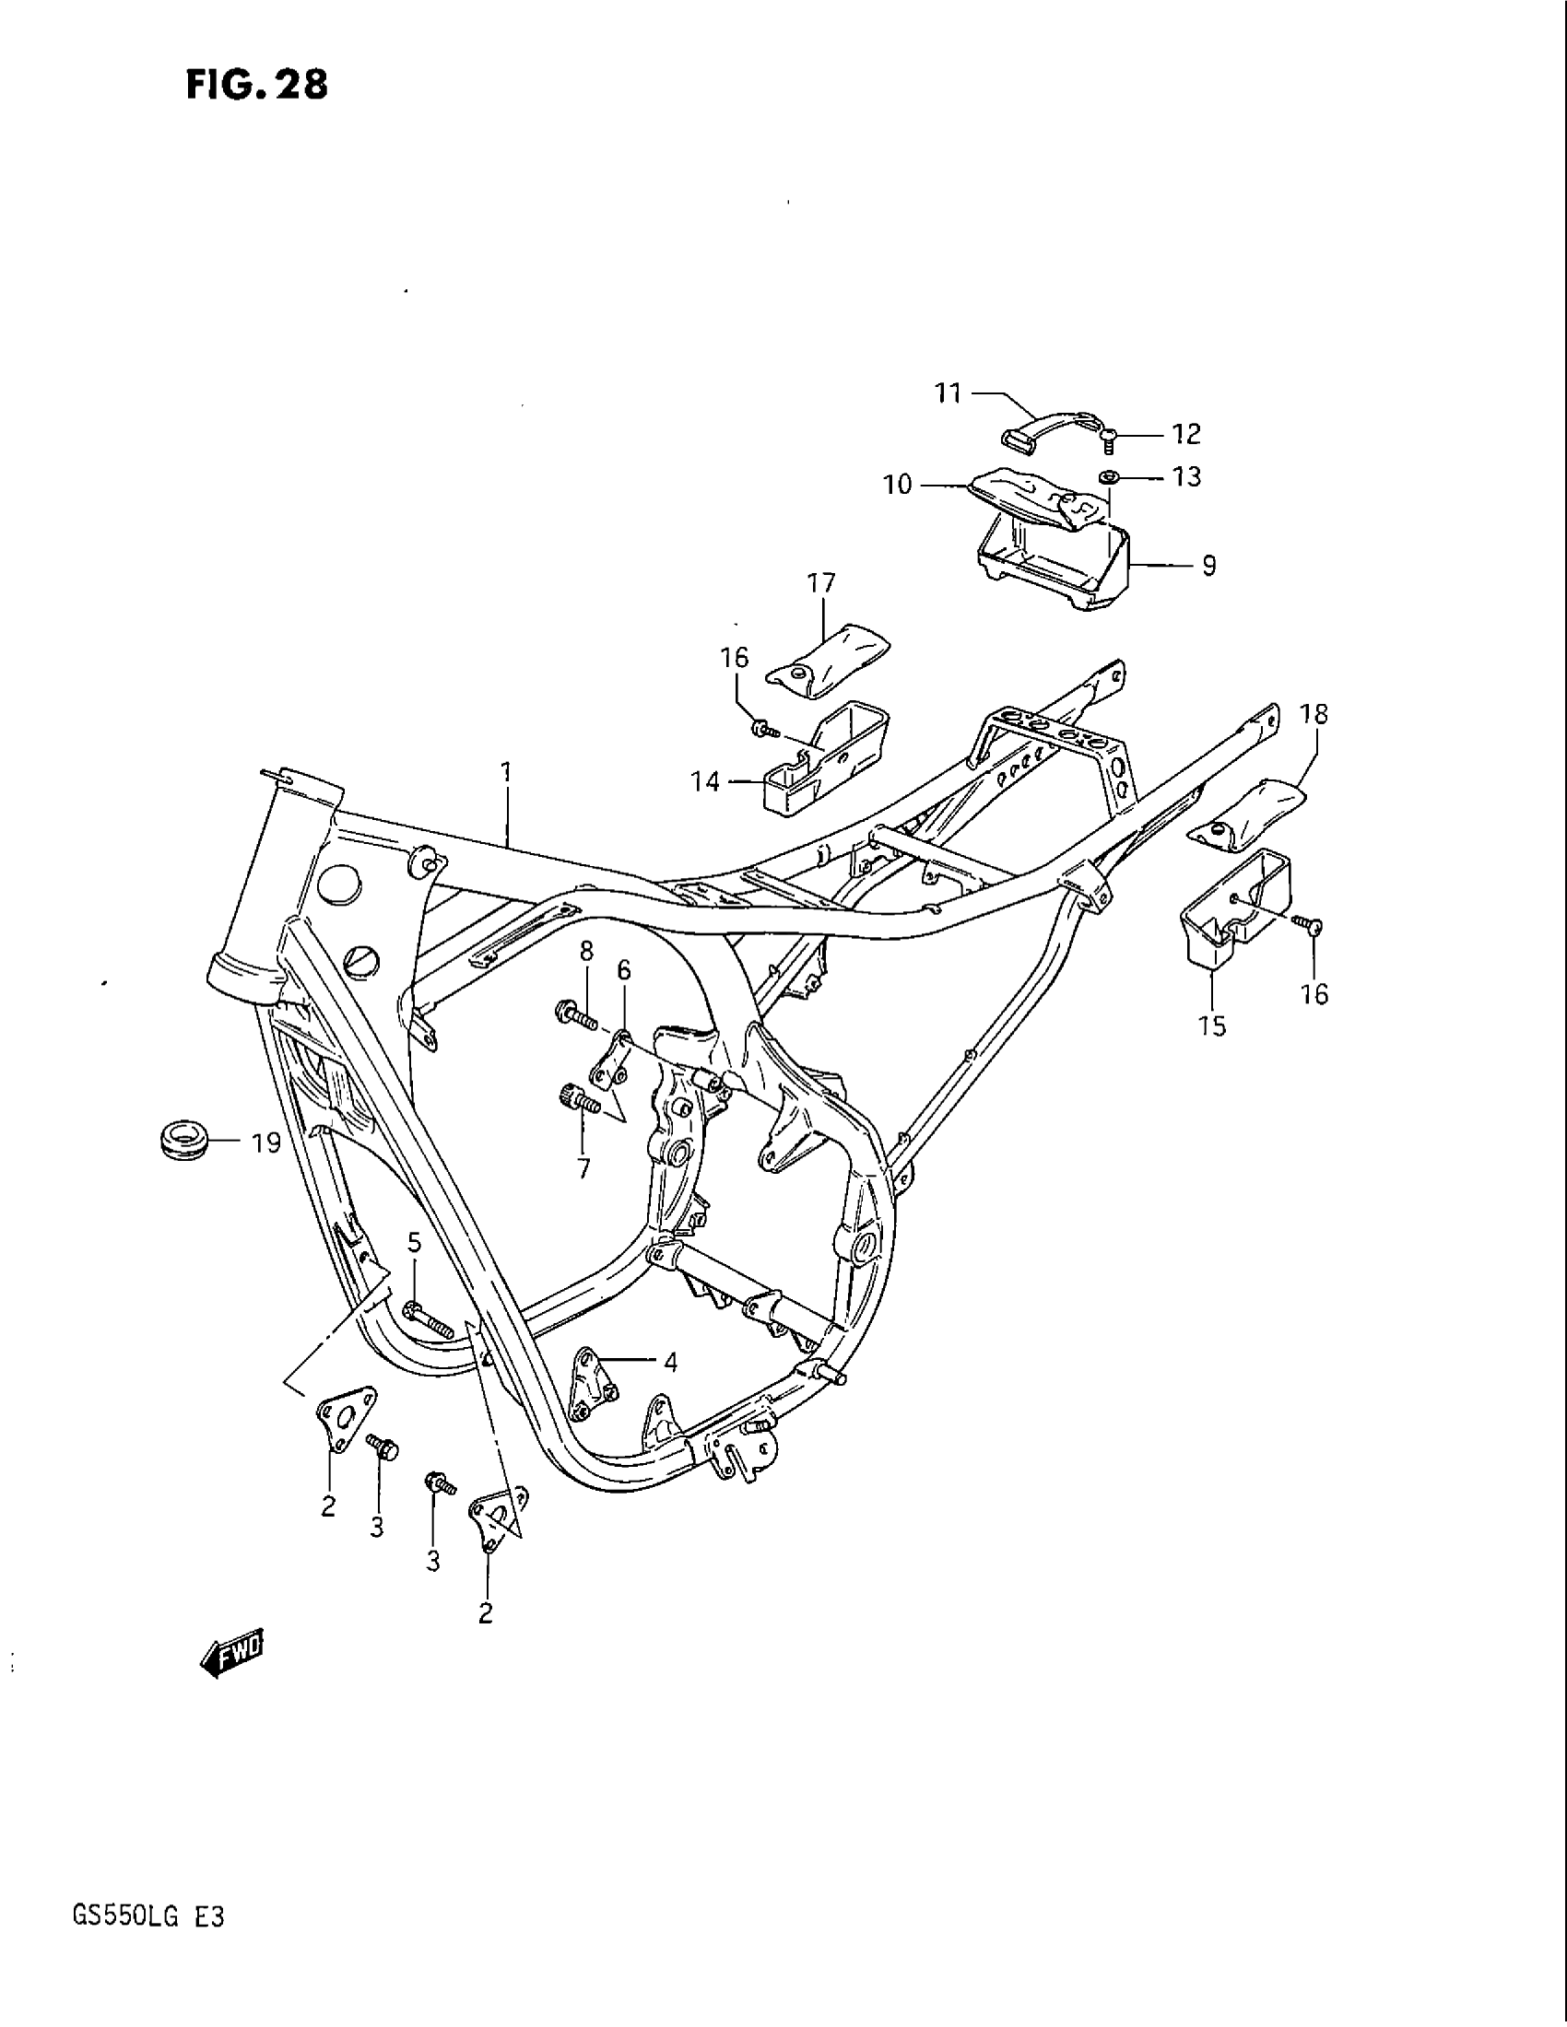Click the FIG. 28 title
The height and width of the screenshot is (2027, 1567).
coord(257,85)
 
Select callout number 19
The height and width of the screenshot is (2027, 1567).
coord(266,1142)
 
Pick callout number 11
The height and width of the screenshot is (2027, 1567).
coord(947,393)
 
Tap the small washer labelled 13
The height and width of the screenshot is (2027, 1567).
coord(1107,478)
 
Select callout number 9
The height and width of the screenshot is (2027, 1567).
coord(1208,565)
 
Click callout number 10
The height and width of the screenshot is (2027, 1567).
coord(898,485)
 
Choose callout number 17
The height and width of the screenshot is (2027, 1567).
coord(821,583)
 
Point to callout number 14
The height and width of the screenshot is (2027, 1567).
coord(705,781)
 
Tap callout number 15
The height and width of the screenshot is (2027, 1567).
coord(1212,1025)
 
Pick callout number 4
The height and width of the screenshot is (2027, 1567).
coord(670,1363)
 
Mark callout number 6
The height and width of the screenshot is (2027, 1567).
coord(623,970)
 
